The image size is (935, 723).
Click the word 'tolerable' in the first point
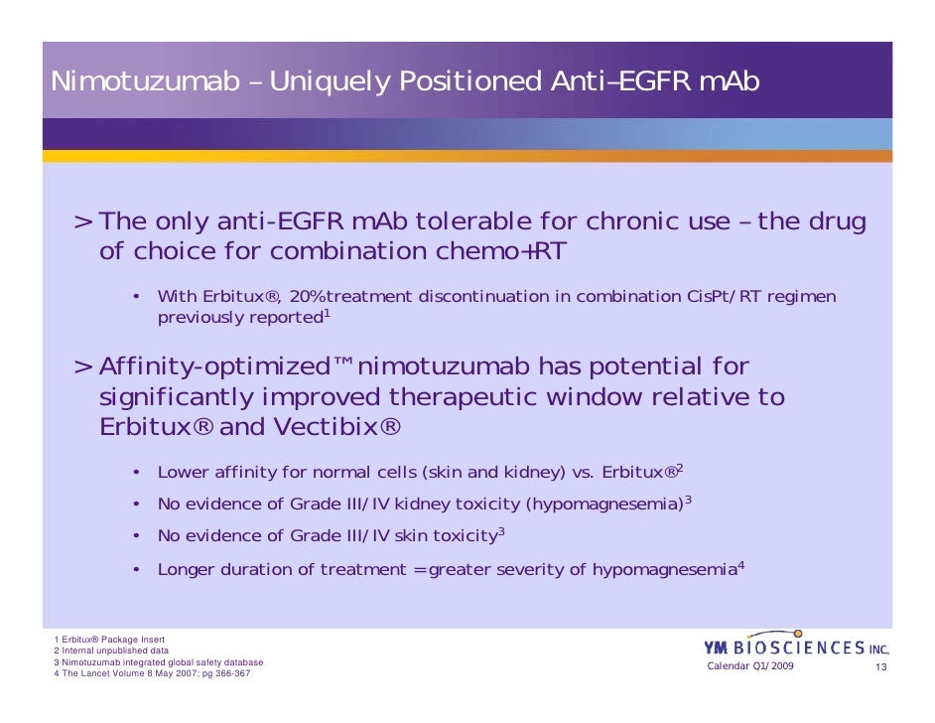click(465, 221)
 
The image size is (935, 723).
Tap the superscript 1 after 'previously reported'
click(327, 314)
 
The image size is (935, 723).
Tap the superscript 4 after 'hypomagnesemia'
click(741, 565)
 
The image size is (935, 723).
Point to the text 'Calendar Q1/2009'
click(749, 665)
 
